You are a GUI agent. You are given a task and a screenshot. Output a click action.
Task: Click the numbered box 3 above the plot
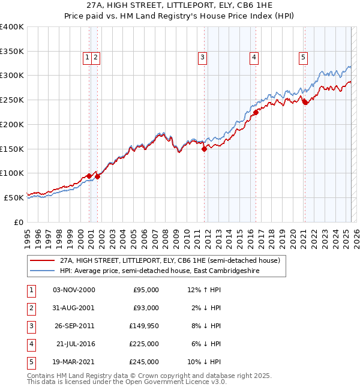[203, 58]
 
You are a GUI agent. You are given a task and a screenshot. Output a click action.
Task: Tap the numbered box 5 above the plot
[303, 58]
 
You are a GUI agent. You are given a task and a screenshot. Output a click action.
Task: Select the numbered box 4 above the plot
[254, 58]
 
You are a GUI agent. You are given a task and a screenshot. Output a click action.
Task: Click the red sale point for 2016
[256, 112]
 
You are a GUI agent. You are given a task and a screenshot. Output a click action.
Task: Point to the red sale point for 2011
[204, 149]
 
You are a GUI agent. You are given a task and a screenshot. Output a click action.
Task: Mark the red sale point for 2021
[305, 102]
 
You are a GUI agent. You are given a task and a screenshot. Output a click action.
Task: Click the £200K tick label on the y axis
[12, 124]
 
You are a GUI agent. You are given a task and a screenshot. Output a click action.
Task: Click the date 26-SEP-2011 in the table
[74, 326]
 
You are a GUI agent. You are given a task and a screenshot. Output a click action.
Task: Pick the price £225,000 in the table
[145, 344]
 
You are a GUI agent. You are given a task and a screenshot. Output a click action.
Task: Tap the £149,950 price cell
[144, 326]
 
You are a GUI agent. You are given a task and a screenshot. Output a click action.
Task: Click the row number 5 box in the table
[30, 362]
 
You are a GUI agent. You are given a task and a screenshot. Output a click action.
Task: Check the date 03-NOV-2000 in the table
[74, 290]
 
